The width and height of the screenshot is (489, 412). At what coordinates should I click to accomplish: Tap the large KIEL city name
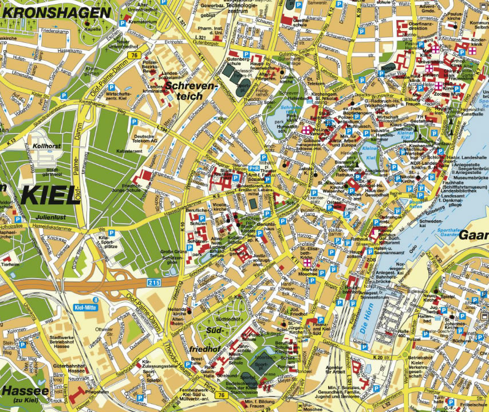click(x=49, y=195)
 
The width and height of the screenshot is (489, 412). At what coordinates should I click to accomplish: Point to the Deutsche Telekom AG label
click(x=145, y=138)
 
